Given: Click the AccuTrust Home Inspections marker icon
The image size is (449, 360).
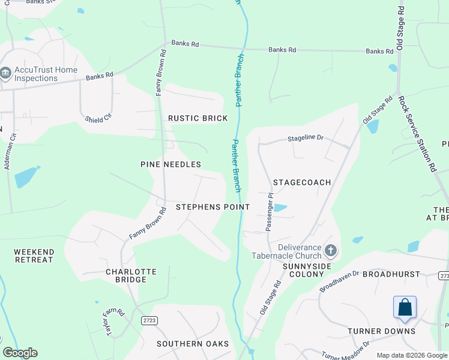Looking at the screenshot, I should pyautogui.click(x=5, y=74).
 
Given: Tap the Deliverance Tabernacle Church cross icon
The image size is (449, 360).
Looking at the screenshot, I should pyautogui.click(x=330, y=250).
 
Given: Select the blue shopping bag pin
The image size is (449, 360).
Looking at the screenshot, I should pyautogui.click(x=405, y=307).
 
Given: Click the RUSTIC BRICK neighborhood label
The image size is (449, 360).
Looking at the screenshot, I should pyautogui.click(x=197, y=118).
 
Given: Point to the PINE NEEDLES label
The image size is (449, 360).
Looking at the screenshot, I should pyautogui.click(x=170, y=164).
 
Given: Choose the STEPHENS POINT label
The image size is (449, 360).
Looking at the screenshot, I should pyautogui.click(x=212, y=207).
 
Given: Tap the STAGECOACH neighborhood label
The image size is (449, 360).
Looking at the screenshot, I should pyautogui.click(x=302, y=182).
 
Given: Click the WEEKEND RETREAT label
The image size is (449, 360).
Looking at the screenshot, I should pyautogui.click(x=34, y=256).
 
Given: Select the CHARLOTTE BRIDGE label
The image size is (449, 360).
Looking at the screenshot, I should pyautogui.click(x=131, y=275).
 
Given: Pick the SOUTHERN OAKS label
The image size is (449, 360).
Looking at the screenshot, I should pyautogui.click(x=193, y=344).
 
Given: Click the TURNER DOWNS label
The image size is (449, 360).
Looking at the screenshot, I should pyautogui.click(x=381, y=331).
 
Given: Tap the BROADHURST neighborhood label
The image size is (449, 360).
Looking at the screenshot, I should pyautogui.click(x=391, y=274).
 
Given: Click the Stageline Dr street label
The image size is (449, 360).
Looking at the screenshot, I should pyautogui.click(x=306, y=138).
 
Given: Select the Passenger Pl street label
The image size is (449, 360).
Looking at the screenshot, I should pyautogui.click(x=270, y=212).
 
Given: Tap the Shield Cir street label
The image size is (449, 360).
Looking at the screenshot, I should pyautogui.click(x=98, y=118).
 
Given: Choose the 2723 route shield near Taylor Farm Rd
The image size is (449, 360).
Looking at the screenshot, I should pyautogui.click(x=149, y=321).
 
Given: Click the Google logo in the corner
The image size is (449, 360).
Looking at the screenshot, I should pyautogui.click(x=20, y=353).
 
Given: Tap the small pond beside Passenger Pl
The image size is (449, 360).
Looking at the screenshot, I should pyautogui.click(x=280, y=208).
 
